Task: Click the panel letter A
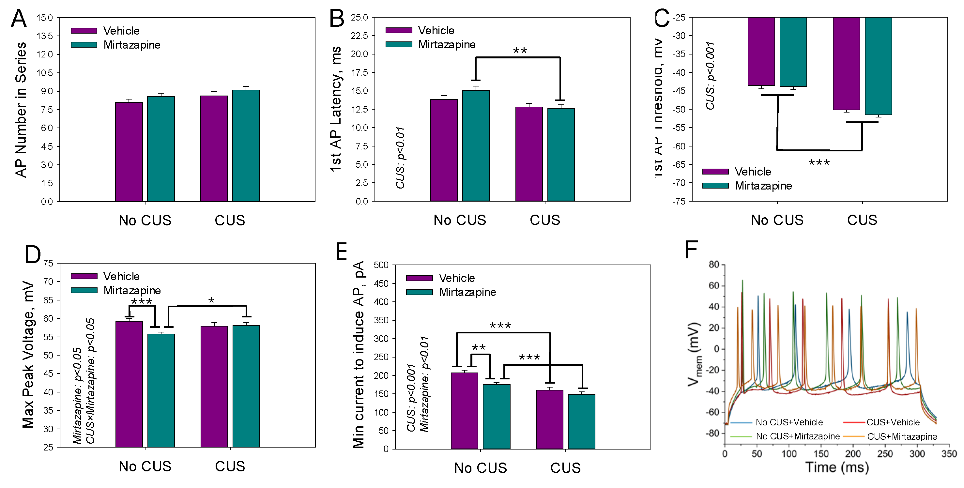(x=19, y=19)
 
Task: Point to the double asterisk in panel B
(x=520, y=51)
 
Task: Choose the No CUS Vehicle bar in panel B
(x=444, y=150)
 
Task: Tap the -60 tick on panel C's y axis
(x=679, y=146)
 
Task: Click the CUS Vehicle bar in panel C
(x=846, y=64)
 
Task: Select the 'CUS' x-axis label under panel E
(x=565, y=468)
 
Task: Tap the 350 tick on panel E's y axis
(x=381, y=320)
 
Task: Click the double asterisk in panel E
(x=479, y=348)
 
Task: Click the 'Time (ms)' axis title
(x=837, y=467)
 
